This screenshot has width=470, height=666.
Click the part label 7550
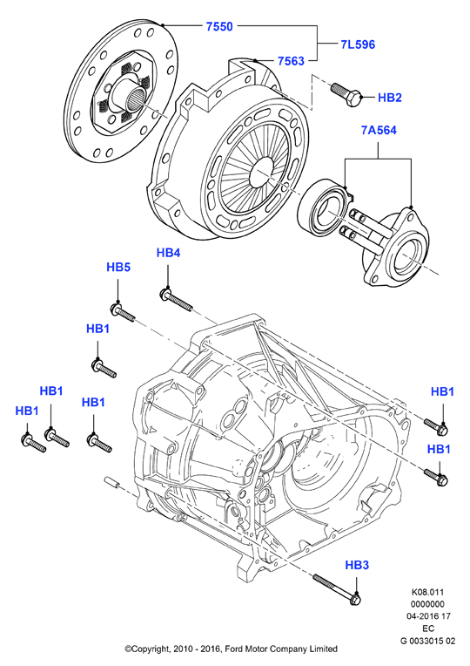pos(219,26)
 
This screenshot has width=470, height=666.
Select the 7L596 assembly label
pos(358,44)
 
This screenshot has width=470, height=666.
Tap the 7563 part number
pos(291,61)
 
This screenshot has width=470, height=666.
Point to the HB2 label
pos(389,98)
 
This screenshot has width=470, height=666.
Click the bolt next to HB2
pos(346,94)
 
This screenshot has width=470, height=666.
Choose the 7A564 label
pos(379,130)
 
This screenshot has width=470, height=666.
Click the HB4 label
pos(168,253)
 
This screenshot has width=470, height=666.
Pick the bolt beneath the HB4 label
pos(177,300)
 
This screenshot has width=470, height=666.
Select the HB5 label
pos(118,267)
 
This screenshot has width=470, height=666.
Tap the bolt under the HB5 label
pos(123,312)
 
